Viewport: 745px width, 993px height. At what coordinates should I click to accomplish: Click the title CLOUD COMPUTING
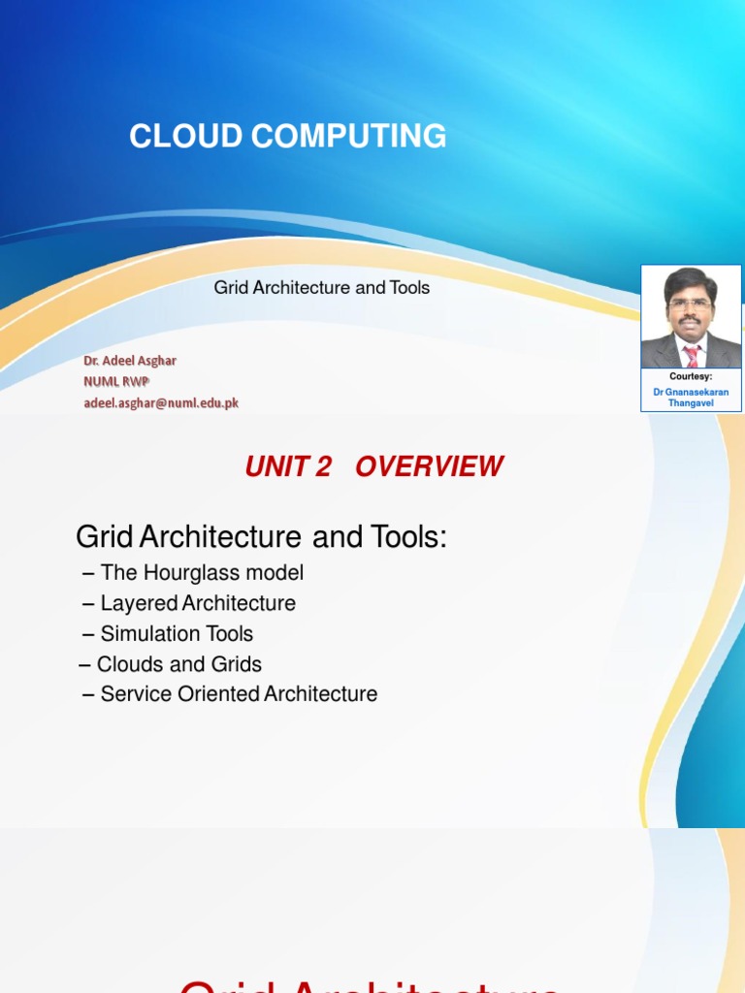(x=288, y=137)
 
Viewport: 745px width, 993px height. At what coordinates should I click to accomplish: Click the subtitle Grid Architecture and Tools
(x=321, y=288)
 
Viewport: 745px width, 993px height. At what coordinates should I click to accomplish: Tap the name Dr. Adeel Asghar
(x=129, y=361)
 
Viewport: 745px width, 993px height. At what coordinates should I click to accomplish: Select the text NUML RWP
(x=115, y=382)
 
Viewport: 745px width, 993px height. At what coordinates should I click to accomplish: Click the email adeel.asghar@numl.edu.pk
(x=160, y=403)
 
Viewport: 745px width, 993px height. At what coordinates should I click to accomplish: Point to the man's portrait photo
(x=691, y=317)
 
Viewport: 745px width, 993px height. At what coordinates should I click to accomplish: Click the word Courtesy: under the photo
(x=691, y=376)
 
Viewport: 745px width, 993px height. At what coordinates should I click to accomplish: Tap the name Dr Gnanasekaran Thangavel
(x=691, y=398)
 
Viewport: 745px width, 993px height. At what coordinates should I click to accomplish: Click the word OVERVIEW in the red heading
(x=429, y=466)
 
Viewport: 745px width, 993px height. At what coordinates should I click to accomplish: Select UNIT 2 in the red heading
(x=288, y=466)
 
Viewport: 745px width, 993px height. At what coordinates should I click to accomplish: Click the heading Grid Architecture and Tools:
(x=261, y=536)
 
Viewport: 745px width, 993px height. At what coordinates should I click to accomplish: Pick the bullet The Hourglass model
(x=202, y=573)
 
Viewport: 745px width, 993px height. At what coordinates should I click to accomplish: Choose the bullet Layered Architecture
(x=198, y=603)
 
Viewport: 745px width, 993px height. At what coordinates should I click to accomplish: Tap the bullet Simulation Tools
(x=177, y=634)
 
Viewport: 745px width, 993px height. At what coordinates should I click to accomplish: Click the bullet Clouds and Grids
(x=178, y=664)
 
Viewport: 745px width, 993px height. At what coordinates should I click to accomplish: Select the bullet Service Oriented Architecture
(x=239, y=694)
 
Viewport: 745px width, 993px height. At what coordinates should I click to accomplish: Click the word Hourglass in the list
(x=186, y=573)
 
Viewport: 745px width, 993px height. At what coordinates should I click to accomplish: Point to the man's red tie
(x=692, y=356)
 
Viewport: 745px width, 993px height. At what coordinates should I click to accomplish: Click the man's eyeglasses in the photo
(x=691, y=304)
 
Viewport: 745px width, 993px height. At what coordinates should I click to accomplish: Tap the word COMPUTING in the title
(x=351, y=137)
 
